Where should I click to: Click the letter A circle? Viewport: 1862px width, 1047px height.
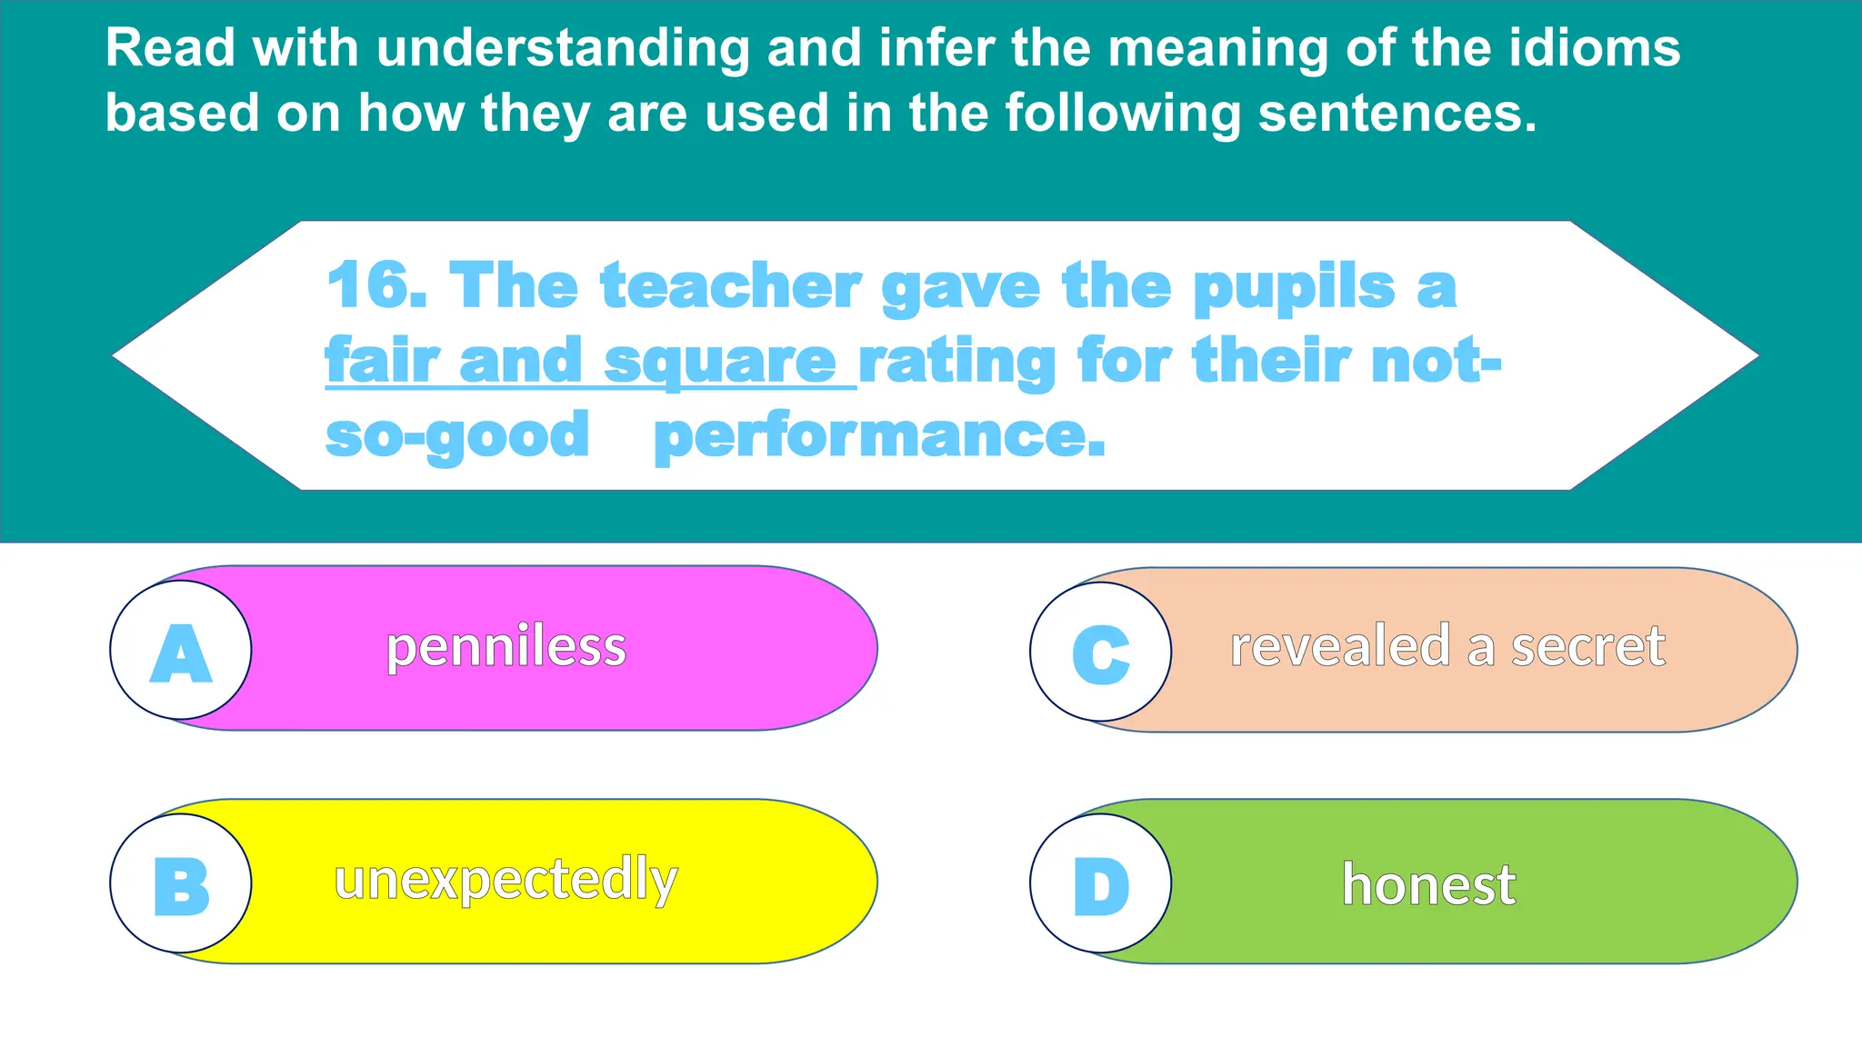click(181, 651)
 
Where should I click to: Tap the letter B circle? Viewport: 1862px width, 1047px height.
click(181, 883)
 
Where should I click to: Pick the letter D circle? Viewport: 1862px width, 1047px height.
click(1101, 883)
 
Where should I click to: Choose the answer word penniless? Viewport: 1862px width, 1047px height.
click(506, 647)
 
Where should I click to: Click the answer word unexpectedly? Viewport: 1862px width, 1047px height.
click(506, 880)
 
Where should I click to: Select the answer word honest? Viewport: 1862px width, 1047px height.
click(1428, 884)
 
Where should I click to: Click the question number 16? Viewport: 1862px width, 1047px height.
click(375, 285)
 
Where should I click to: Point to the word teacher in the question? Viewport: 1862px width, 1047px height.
click(730, 287)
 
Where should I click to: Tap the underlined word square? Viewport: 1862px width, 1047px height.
click(719, 363)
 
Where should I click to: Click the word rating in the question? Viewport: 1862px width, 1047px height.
click(956, 363)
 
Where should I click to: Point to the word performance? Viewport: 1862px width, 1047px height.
click(879, 437)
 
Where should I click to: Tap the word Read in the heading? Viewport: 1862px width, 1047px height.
click(170, 47)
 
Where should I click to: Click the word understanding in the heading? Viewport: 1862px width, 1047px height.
click(563, 49)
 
